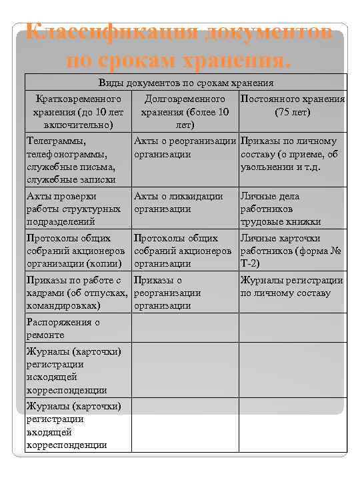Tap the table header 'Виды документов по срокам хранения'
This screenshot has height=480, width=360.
coord(186,83)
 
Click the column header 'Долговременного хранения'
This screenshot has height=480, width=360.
coord(185,111)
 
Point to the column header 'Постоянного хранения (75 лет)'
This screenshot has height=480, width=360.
coord(292,105)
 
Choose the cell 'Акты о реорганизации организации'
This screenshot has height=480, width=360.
coord(185,147)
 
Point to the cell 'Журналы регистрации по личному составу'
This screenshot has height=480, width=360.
coord(291,287)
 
